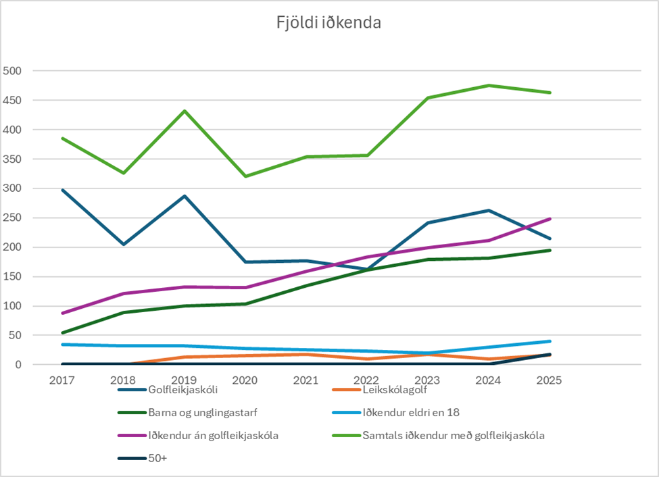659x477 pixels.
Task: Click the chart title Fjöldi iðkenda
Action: tap(329, 23)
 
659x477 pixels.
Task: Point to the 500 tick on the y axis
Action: tap(13, 71)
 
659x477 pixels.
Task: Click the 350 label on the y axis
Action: tap(13, 159)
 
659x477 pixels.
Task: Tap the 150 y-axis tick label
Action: tap(13, 277)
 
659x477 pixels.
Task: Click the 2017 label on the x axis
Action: tap(62, 380)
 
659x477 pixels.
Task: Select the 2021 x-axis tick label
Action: tap(306, 380)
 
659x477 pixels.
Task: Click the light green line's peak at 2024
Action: tap(489, 85)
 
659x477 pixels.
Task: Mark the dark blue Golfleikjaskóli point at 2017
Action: tap(62, 190)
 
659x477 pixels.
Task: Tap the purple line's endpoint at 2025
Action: tap(550, 219)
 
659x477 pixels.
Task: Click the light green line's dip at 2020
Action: tap(245, 176)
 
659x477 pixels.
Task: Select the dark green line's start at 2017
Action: tap(62, 333)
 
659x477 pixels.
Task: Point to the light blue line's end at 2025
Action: tap(550, 341)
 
